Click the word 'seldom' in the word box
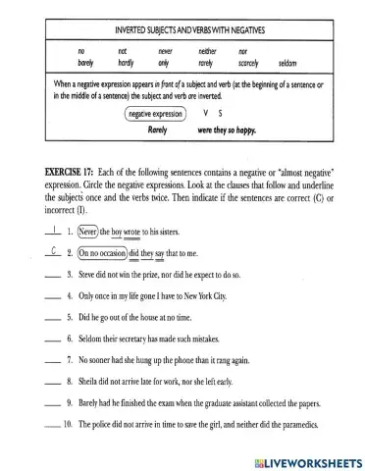[293, 63]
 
